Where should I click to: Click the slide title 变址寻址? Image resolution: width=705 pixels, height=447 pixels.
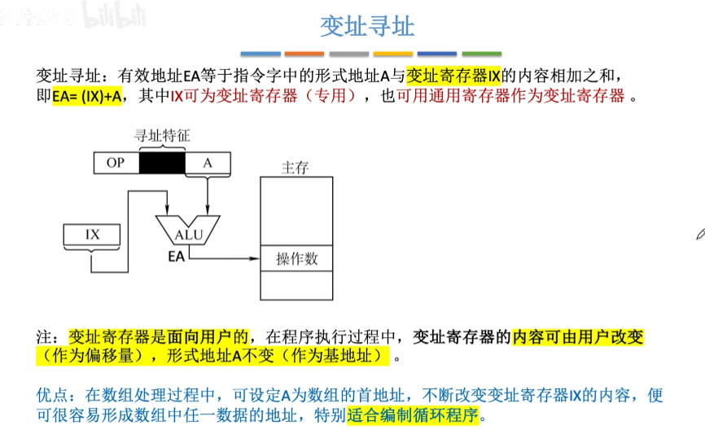tap(366, 26)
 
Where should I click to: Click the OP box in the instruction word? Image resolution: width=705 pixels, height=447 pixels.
tap(115, 163)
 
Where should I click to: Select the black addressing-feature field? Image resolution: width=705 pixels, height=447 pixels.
tap(162, 163)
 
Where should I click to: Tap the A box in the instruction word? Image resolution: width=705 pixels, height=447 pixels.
tap(208, 163)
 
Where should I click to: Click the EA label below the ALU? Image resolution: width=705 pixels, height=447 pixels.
tap(176, 257)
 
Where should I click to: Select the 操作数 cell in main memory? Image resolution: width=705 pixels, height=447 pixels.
tap(296, 259)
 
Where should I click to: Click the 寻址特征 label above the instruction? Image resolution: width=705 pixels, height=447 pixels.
tap(161, 136)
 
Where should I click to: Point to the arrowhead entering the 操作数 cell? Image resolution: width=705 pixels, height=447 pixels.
tap(254, 258)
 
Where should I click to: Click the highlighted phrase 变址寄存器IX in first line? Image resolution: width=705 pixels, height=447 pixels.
tap(453, 75)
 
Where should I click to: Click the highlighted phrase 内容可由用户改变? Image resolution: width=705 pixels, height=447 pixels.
tap(577, 336)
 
